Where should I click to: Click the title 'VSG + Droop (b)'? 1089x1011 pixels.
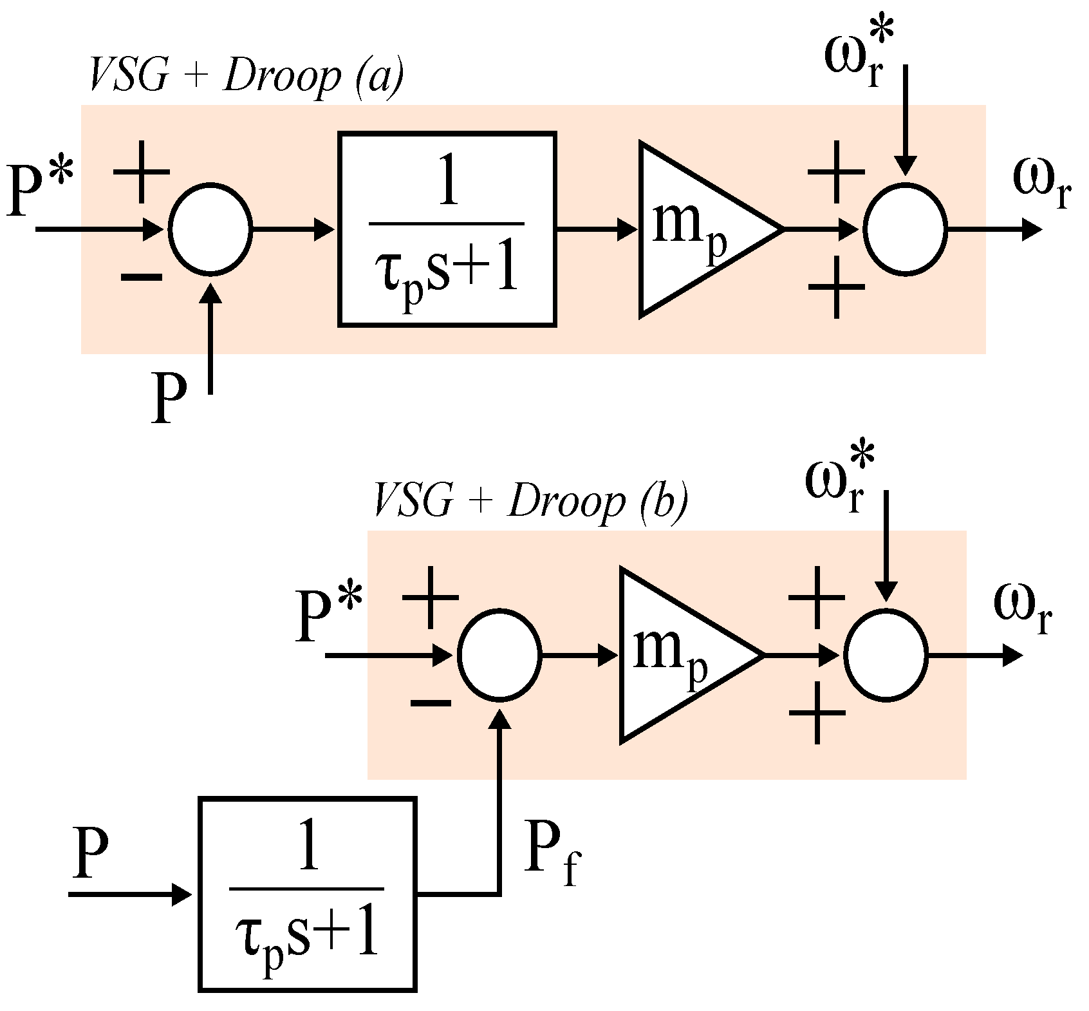[530, 502]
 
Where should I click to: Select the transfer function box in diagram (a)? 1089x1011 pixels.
[447, 229]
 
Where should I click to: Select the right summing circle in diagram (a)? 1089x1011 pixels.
[905, 230]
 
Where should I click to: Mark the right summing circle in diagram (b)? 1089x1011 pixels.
[886, 656]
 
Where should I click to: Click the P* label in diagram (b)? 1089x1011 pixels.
[328, 615]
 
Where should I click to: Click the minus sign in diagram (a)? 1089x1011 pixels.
[141, 278]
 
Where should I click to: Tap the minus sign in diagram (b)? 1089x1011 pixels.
[430, 703]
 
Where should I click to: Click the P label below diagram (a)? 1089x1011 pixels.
[169, 397]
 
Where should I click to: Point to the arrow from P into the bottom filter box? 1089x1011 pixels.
[129, 894]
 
